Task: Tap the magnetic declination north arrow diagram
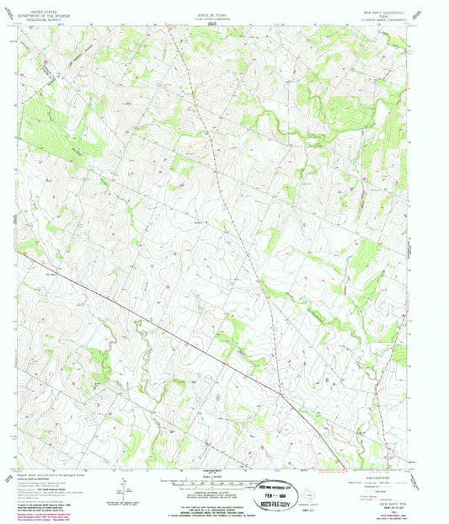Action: (124, 489)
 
